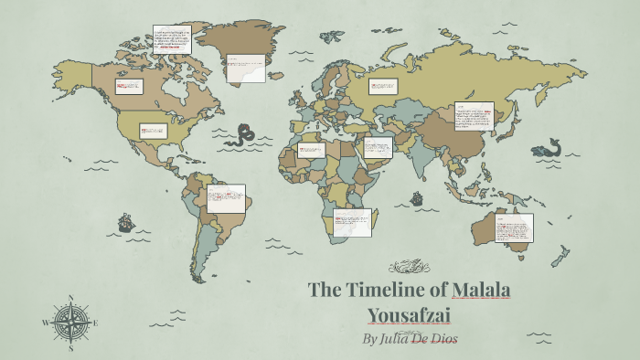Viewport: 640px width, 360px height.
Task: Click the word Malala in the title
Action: tap(482, 291)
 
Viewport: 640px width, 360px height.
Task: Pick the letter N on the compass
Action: tap(71, 297)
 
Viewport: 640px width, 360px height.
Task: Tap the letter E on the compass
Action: tap(96, 322)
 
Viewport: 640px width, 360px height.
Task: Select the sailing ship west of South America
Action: tap(124, 221)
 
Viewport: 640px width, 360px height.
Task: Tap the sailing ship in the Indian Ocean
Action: tap(416, 197)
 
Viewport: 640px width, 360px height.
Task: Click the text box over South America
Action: tap(226, 198)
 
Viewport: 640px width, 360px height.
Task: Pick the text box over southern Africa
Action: tap(353, 222)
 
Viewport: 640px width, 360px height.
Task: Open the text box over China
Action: tap(474, 119)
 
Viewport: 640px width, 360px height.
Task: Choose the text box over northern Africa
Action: tap(311, 149)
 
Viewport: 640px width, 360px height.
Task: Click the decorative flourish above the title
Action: tap(408, 267)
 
